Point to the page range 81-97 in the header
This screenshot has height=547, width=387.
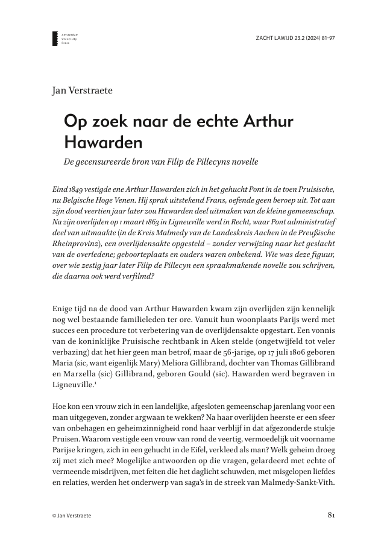click(326, 37)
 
